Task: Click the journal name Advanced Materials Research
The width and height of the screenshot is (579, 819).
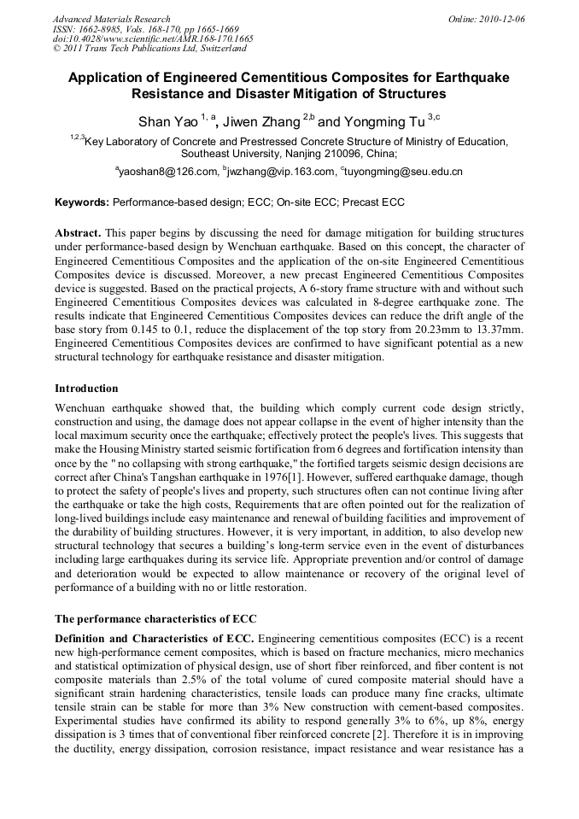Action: pos(111,19)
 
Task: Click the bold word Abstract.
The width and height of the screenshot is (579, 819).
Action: pos(79,233)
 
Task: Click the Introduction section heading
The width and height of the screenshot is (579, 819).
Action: pos(87,388)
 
